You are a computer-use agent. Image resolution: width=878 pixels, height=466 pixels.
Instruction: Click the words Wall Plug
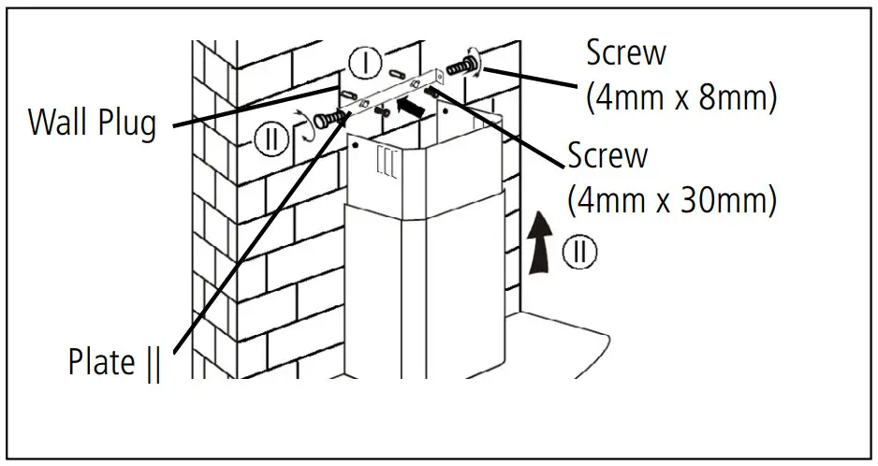point(92,123)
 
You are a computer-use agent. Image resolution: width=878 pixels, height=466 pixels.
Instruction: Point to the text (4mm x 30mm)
point(671,200)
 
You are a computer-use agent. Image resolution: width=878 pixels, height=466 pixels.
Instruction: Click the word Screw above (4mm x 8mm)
point(626,52)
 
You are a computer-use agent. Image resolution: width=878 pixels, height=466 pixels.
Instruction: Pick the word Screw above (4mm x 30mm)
point(607,154)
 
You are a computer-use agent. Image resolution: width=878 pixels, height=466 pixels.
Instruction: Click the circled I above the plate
point(366,65)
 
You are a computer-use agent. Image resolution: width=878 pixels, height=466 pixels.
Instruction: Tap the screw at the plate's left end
point(325,119)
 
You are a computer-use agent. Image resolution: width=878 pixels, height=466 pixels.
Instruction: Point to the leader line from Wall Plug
point(253,105)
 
